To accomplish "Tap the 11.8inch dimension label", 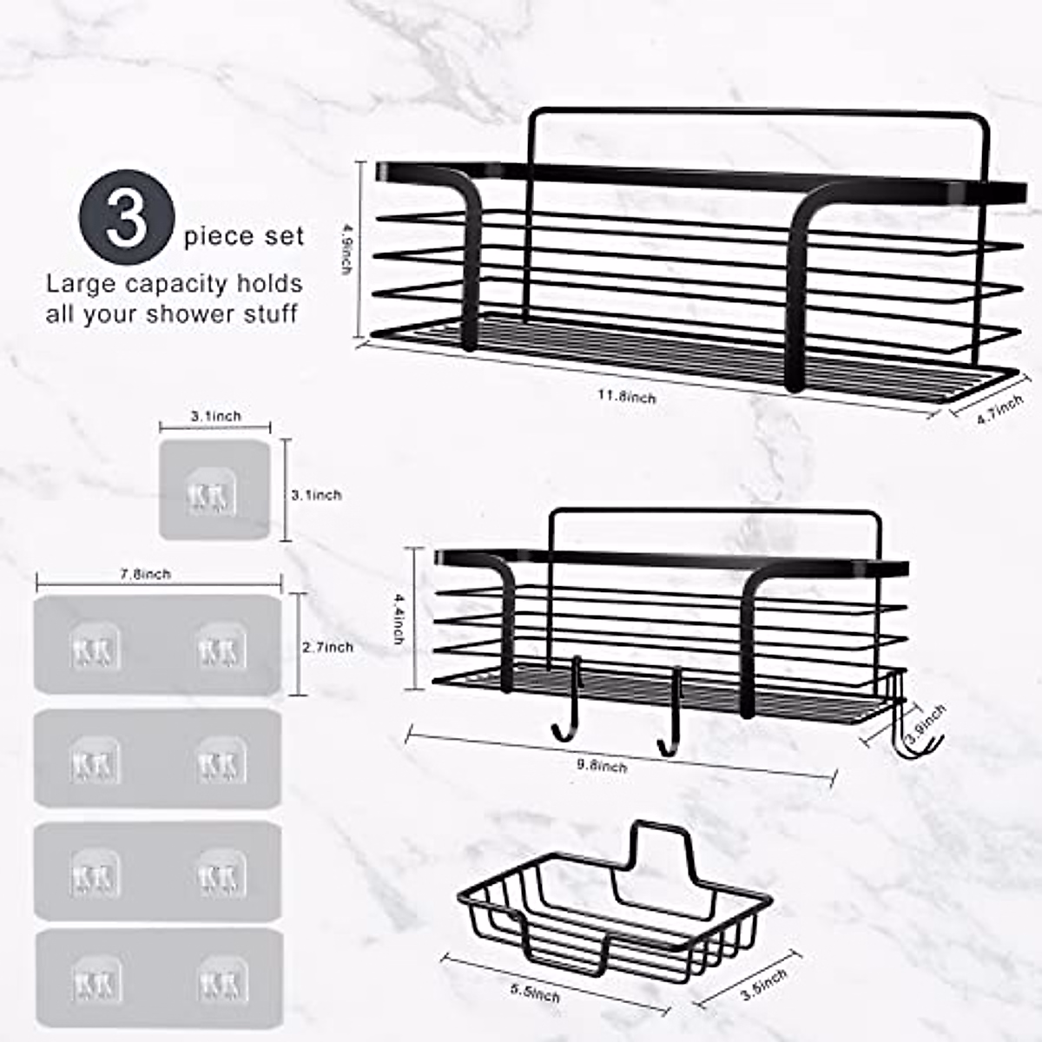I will coord(626,396).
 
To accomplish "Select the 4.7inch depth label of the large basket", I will coord(999,408).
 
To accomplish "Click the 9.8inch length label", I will coord(602,765).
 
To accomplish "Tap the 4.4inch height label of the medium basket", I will coord(399,618).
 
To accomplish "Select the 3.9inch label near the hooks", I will coord(925,723).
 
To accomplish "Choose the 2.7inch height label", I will coord(327,647).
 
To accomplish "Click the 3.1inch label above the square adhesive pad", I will coord(215,416).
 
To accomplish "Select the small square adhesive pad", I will coord(214,489).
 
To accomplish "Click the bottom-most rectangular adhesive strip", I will coord(158,980).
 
